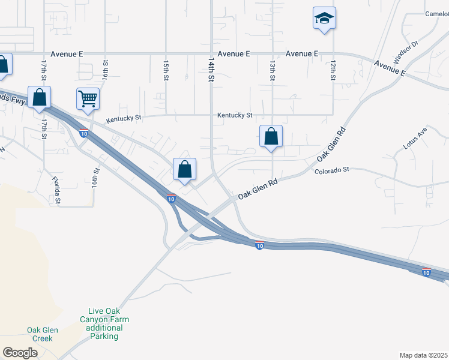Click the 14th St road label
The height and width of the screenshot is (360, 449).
211,70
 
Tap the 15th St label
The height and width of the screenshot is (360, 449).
166,70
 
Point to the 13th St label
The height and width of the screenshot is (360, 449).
273,70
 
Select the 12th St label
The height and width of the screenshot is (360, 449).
333,70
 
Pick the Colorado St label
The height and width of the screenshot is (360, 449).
331,170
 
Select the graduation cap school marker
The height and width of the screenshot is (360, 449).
324,18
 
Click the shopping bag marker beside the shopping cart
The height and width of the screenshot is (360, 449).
39,97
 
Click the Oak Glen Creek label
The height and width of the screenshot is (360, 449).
40,334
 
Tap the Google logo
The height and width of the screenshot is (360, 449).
20,353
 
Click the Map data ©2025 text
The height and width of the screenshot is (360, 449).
423,355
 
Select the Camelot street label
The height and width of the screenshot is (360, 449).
436,14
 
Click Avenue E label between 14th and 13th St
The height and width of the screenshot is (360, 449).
234,53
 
